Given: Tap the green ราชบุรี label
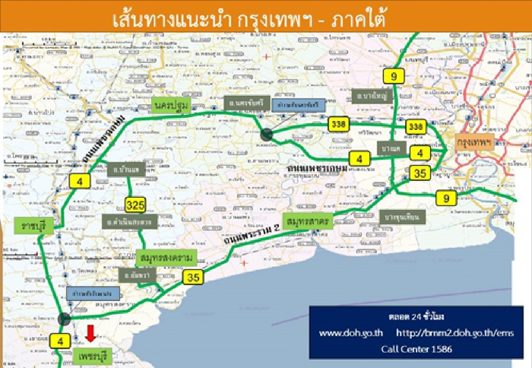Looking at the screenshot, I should click(34, 226).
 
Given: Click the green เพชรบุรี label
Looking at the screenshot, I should click(91, 356).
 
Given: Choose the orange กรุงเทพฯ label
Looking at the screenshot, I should click(475, 143).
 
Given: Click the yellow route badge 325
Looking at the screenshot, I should click(135, 205).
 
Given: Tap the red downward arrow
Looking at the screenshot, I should click(90, 333).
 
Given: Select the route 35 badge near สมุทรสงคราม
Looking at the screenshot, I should click(193, 278).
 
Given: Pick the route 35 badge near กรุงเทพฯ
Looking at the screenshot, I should click(420, 172).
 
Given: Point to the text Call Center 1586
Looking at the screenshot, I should click(416, 349).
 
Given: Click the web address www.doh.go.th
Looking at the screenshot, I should click(351, 333).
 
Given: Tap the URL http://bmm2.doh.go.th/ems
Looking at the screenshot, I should click(455, 333).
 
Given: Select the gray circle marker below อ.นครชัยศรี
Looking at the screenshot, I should click(266, 134).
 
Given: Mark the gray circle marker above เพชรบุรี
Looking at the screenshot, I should click(64, 318).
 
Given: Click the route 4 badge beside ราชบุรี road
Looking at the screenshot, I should click(80, 180).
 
